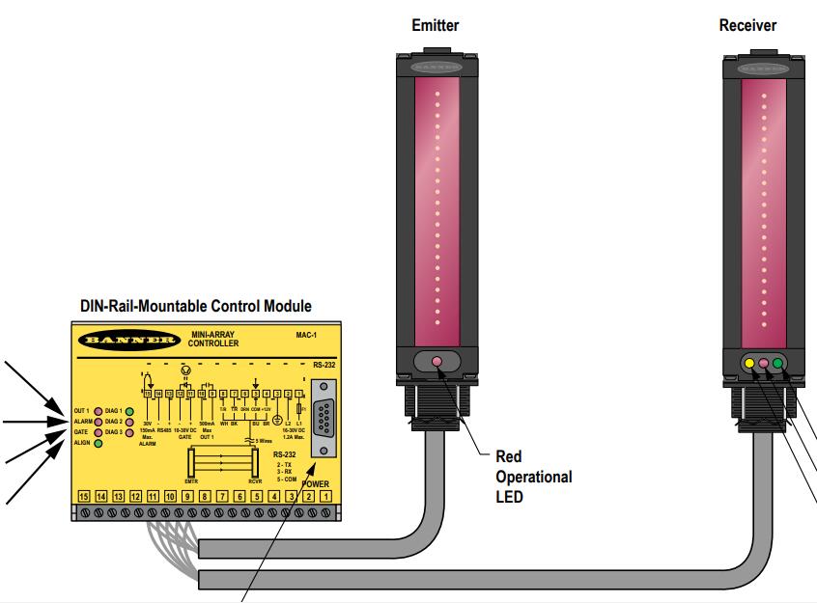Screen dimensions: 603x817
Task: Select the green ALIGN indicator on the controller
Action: (99, 443)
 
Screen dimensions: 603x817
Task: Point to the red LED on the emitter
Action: (437, 362)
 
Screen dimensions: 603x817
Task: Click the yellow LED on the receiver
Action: (748, 363)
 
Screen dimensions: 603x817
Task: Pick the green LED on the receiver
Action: (777, 363)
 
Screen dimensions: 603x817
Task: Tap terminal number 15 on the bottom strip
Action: (84, 495)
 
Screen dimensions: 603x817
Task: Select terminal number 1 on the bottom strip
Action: (326, 495)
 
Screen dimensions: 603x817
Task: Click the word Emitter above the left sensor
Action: (436, 26)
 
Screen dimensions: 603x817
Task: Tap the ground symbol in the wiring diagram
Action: (277, 421)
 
